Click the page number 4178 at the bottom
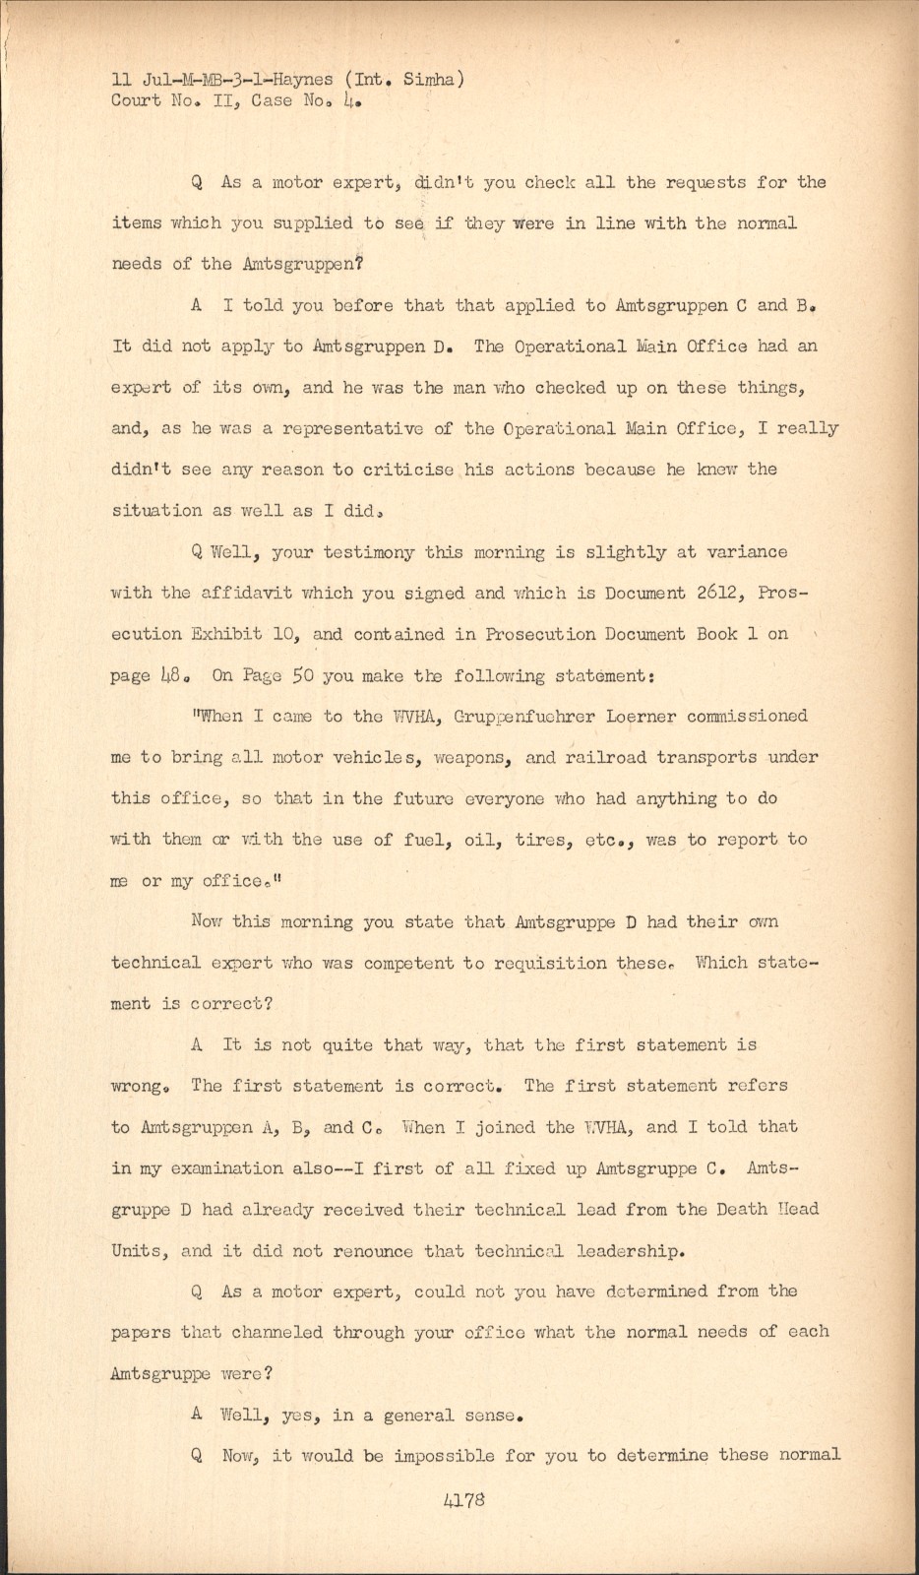click(x=464, y=1502)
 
